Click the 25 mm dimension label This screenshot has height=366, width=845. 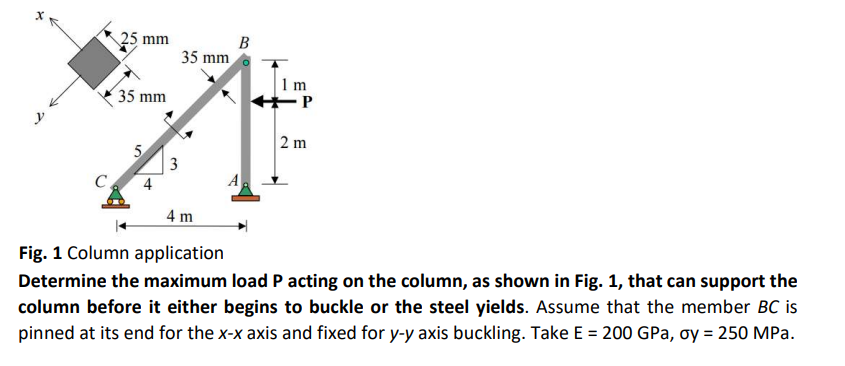146,39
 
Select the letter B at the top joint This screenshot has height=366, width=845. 245,41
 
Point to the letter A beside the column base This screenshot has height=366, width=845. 231,181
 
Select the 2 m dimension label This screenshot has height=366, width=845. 294,143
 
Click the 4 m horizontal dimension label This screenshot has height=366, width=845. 180,216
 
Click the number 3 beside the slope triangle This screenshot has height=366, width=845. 173,164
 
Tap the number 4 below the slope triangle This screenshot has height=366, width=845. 147,184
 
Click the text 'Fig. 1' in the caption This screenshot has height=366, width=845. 39,253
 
